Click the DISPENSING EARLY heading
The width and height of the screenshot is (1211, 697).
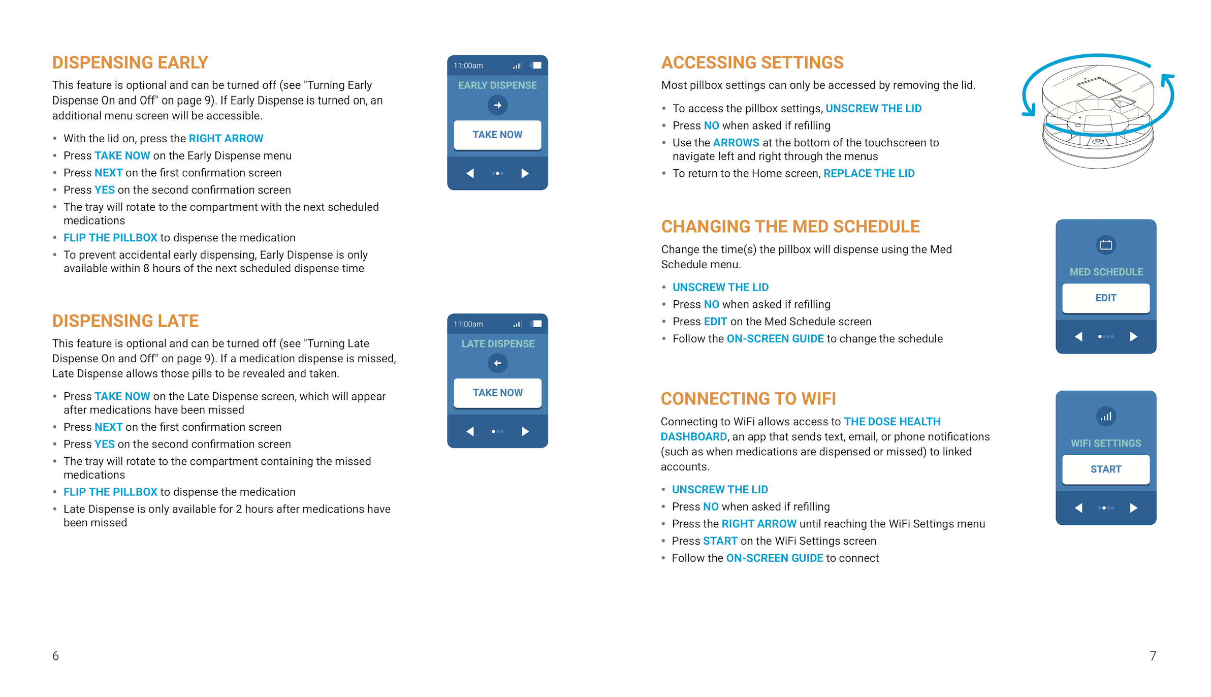tap(130, 62)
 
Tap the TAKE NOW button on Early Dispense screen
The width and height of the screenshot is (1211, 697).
tap(497, 135)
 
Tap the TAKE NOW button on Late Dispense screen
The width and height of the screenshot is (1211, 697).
tap(497, 393)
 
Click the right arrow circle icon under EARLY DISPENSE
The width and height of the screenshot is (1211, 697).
tap(497, 105)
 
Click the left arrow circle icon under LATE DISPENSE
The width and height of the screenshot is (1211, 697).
tap(497, 363)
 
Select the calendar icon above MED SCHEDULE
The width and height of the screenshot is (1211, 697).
tap(1106, 245)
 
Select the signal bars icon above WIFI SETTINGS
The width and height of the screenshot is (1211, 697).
tap(1106, 417)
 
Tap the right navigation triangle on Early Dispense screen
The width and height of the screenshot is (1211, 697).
tap(525, 174)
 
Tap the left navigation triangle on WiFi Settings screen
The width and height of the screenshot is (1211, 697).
tap(1078, 508)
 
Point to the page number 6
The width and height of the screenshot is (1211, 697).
tap(55, 656)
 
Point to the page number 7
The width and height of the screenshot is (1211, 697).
tap(1153, 656)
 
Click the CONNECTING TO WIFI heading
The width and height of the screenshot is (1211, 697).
tap(748, 399)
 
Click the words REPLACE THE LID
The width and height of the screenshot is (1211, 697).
tap(869, 174)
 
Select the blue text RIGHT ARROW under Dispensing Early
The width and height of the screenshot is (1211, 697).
tap(226, 139)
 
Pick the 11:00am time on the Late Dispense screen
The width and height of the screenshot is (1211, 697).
tap(468, 324)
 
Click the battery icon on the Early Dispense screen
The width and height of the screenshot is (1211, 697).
tap(536, 66)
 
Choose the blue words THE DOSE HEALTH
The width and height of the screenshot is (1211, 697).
tap(892, 422)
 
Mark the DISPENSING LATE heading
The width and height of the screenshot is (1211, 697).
tap(125, 321)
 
